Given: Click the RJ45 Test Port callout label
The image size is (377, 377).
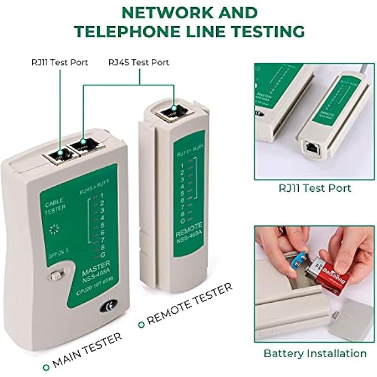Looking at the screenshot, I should [x=139, y=62].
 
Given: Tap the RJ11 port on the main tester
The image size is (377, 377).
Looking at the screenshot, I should [x=55, y=156].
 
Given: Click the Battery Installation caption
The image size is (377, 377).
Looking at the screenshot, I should [x=314, y=353].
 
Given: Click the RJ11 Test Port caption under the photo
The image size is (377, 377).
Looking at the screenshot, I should [x=314, y=188].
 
